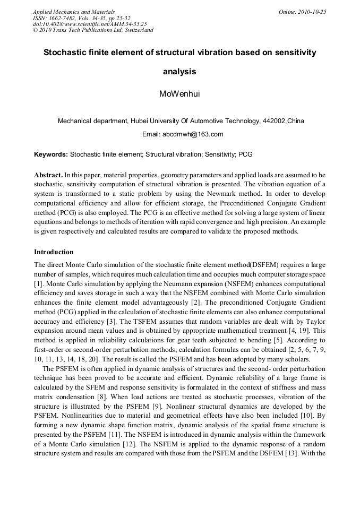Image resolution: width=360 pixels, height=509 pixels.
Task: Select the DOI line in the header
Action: coord(90,24)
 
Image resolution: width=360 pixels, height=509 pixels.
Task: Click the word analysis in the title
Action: coord(179,71)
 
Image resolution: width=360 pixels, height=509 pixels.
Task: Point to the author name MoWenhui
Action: coord(180,94)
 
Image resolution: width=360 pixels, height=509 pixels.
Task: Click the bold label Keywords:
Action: coord(51,154)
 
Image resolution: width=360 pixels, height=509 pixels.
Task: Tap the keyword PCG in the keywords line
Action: coord(245,154)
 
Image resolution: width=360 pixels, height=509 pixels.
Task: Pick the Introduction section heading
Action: coord(54,252)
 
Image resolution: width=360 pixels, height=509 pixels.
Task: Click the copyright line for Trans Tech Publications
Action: coord(93,30)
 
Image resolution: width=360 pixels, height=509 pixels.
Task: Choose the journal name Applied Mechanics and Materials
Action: coord(74,12)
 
